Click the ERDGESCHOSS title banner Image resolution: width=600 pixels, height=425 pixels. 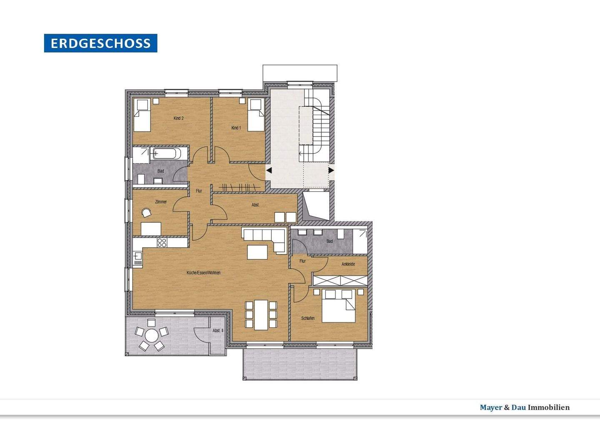[100, 43]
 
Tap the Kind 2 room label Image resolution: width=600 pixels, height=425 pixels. [179, 118]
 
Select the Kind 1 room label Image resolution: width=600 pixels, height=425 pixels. [236, 128]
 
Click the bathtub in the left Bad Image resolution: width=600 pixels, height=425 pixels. [165, 154]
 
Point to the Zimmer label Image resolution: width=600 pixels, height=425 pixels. [161, 201]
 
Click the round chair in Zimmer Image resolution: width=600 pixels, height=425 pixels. [146, 213]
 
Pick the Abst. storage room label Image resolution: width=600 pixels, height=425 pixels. [255, 205]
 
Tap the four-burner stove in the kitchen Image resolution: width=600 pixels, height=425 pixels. [162, 243]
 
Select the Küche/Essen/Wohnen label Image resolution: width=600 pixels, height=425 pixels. [204, 273]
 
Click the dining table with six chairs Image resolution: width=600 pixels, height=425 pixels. [261, 315]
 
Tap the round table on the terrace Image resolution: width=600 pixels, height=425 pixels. [152, 335]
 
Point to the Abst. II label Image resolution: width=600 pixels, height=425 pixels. [218, 331]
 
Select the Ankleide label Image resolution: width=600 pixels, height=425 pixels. [348, 264]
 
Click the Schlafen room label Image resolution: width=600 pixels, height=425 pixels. [308, 318]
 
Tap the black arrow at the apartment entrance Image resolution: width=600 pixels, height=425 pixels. [269, 170]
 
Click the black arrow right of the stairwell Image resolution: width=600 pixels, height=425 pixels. [331, 170]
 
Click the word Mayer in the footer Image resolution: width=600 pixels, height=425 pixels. [491, 407]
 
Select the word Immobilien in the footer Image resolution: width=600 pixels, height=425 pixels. [549, 407]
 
